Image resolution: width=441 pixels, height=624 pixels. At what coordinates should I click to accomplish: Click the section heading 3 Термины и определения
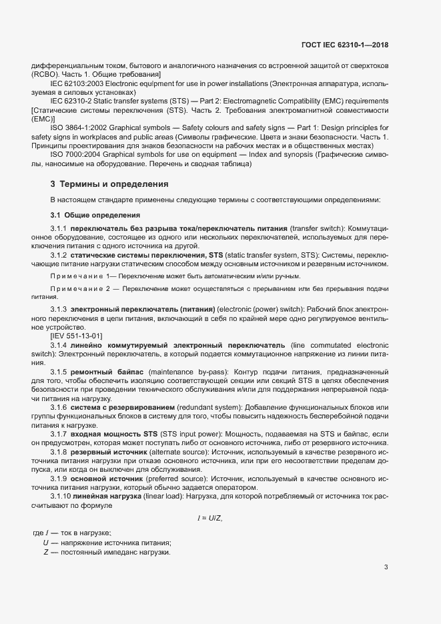click(109, 184)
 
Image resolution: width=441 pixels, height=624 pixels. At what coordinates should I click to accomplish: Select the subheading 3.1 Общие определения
click(95, 214)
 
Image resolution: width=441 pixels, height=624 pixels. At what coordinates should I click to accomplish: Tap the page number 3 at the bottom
click(386, 567)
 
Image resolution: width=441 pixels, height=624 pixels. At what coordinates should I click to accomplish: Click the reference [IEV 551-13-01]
click(81, 336)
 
